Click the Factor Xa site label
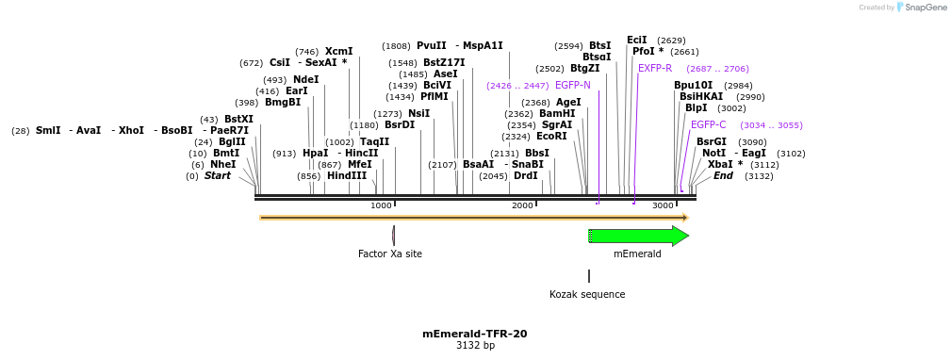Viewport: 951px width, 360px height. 389,254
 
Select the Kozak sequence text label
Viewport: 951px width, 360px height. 587,294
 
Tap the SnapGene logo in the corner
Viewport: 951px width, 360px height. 921,8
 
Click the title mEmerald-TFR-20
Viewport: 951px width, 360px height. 474,334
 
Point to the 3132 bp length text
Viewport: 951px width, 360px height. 474,346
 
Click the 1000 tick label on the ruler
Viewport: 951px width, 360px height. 381,205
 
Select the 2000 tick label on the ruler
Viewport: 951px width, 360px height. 522,205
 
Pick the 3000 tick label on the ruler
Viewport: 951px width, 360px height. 663,205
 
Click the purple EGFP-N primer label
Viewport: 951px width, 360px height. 572,85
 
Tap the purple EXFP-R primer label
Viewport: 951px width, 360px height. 655,68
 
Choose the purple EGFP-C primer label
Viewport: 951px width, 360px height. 708,124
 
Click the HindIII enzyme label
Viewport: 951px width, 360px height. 347,175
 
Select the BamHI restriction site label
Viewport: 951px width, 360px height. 557,113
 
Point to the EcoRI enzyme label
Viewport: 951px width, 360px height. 551,136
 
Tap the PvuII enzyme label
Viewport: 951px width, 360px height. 432,45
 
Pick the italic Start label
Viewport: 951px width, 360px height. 217,175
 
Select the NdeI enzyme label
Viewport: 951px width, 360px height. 305,79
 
